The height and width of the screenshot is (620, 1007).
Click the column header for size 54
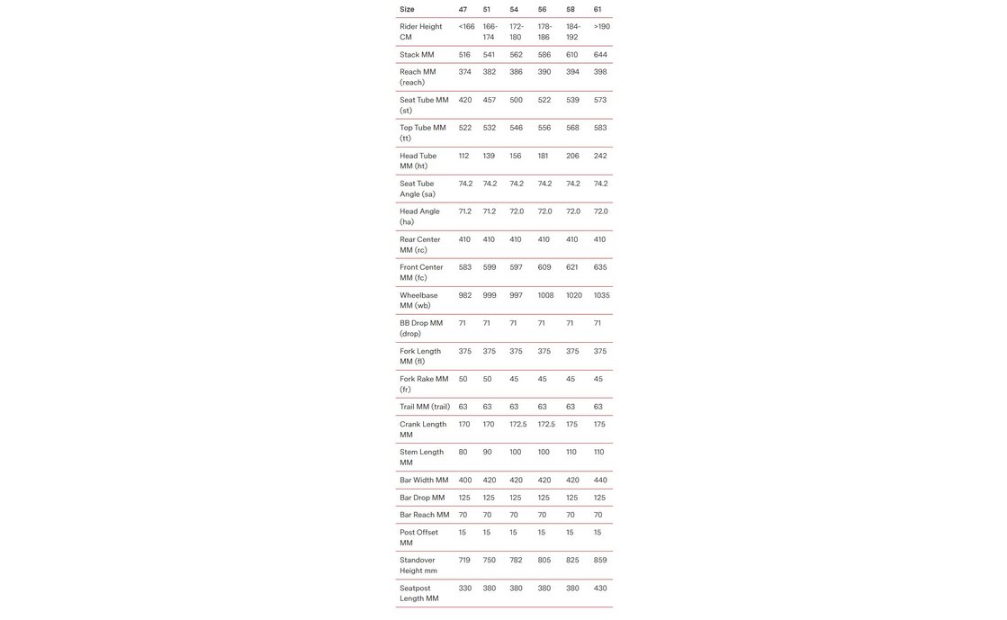[514, 10]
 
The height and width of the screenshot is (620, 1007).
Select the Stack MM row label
[417, 55]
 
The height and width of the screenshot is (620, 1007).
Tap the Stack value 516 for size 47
[464, 55]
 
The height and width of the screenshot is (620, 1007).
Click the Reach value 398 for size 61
[600, 72]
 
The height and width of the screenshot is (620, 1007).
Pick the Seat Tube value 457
[490, 100]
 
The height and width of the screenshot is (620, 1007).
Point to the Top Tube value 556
[544, 128]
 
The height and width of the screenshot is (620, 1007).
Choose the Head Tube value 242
[600, 156]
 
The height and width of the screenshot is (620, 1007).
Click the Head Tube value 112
[463, 156]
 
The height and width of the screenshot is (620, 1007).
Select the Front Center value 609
[544, 267]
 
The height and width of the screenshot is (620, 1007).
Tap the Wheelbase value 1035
[601, 295]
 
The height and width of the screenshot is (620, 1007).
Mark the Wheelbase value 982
[464, 295]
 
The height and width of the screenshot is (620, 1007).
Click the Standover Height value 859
[600, 561]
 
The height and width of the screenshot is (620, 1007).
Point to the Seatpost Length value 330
[464, 589]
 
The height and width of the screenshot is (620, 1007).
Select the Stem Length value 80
[463, 453]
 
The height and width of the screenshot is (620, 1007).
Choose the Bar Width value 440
[599, 481]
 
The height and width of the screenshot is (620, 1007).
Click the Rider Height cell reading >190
[601, 27]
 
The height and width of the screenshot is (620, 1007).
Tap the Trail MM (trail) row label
[425, 407]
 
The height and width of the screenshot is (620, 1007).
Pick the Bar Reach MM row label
[424, 516]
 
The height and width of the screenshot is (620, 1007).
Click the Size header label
[407, 10]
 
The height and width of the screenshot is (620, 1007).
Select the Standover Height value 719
[464, 561]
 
